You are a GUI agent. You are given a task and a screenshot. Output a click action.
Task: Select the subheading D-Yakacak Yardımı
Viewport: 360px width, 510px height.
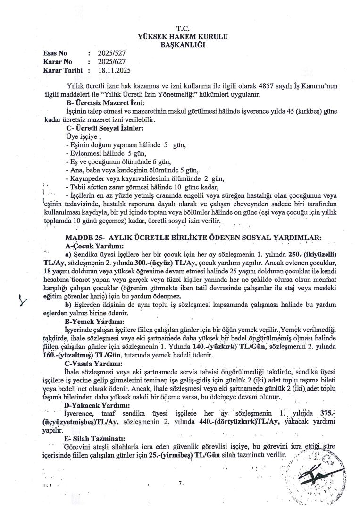[x=97, y=405]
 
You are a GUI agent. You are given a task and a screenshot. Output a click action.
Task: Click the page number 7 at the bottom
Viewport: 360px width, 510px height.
[x=180, y=483]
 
